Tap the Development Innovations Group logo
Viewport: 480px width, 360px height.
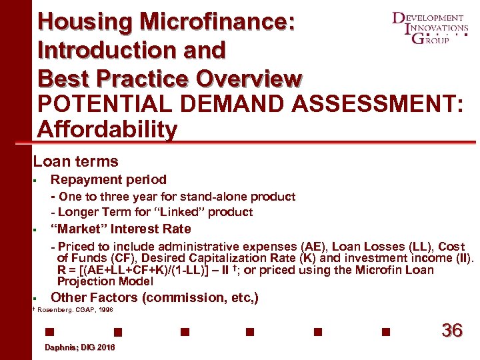(430, 28)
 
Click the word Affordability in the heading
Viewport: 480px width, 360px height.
(108, 129)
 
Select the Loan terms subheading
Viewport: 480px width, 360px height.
(76, 161)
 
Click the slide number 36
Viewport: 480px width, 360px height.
(452, 331)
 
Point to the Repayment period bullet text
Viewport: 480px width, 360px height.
(109, 179)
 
